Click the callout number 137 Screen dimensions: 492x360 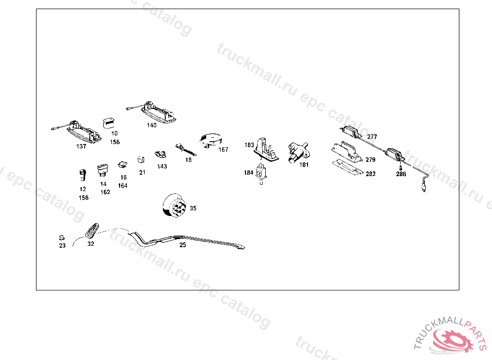point(81,146)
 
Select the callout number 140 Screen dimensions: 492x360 point(151,125)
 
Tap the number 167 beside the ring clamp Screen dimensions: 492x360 point(223,150)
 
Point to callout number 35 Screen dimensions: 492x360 point(193,208)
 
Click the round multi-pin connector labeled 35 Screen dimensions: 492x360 point(174,205)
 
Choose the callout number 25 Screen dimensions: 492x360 point(183,245)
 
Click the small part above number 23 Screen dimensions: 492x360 point(62,238)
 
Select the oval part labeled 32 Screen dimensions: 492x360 point(92,231)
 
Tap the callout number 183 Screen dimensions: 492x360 point(249,145)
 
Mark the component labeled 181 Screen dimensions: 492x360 point(297,152)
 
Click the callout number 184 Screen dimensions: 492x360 point(248,172)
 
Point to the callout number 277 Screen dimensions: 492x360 point(372,137)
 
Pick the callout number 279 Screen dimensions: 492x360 point(370,160)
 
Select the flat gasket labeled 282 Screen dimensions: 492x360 point(347,168)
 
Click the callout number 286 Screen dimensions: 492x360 point(401,174)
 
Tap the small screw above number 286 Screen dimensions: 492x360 point(400,168)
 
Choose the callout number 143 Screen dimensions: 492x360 point(162,167)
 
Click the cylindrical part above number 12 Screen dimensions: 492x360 point(83,175)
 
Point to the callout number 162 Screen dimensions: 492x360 point(105,192)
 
